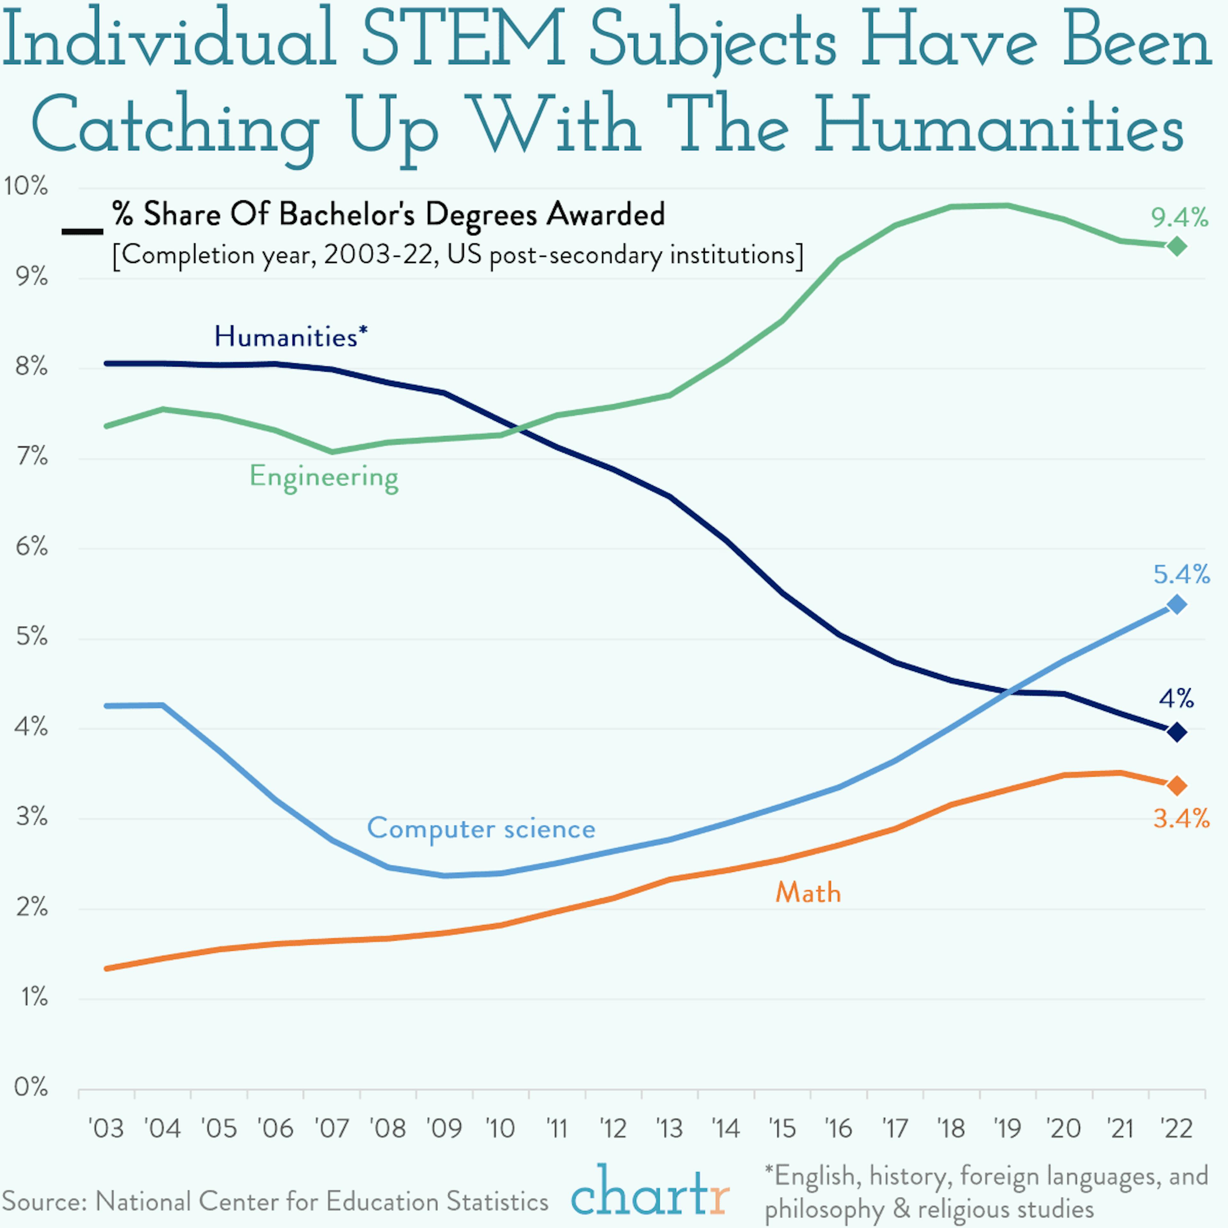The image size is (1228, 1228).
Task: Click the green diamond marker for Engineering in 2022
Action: pyautogui.click(x=1177, y=246)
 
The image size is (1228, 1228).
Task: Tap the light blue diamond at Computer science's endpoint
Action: pyautogui.click(x=1177, y=604)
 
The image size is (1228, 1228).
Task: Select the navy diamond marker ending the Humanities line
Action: pyautogui.click(x=1177, y=732)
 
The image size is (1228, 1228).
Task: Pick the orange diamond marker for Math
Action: pyautogui.click(x=1177, y=786)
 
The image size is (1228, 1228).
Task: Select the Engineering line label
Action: pyautogui.click(x=324, y=477)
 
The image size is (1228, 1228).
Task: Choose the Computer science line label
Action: pyautogui.click(x=481, y=829)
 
